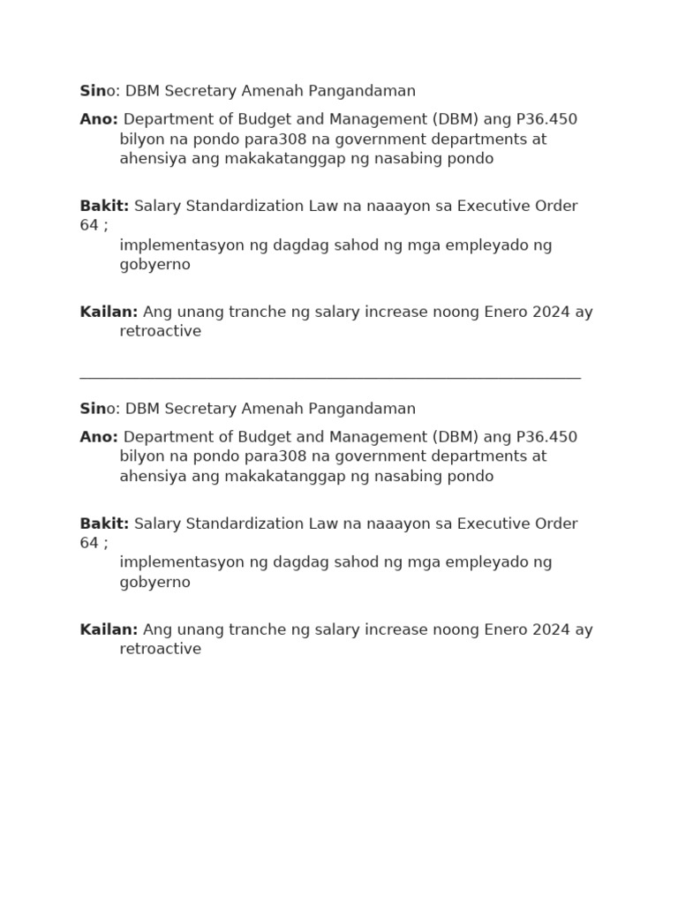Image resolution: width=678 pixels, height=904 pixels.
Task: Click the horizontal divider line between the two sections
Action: (330, 377)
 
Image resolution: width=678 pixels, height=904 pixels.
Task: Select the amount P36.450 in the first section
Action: (546, 119)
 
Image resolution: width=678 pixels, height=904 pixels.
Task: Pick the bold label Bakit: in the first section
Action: (104, 206)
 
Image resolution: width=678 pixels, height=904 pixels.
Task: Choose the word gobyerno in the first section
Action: (155, 264)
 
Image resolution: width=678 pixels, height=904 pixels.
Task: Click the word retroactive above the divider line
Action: (161, 331)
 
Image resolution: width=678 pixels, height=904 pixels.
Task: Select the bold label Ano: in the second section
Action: (99, 437)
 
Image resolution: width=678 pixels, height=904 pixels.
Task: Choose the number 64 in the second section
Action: (89, 543)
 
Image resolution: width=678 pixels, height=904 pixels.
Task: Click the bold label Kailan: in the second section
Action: (109, 629)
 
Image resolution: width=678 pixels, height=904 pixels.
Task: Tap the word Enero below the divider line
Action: (506, 629)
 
